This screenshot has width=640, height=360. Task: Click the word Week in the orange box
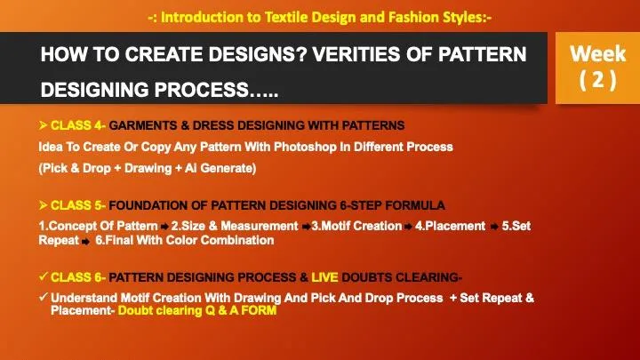597,54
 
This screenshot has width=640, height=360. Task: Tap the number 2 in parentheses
598,79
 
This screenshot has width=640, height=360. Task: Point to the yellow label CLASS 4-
78,125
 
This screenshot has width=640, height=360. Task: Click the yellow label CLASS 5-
78,205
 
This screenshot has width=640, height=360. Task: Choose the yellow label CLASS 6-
78,277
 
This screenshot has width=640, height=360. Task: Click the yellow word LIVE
324,277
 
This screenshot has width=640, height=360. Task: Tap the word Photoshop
305,147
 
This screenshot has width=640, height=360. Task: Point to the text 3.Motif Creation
356,226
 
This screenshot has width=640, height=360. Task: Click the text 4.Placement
450,226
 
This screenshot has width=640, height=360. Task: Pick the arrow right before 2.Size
164,227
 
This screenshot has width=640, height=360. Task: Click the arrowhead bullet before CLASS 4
43,125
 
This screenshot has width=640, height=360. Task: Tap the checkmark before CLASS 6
44,276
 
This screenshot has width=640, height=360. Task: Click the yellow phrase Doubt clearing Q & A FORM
197,310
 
